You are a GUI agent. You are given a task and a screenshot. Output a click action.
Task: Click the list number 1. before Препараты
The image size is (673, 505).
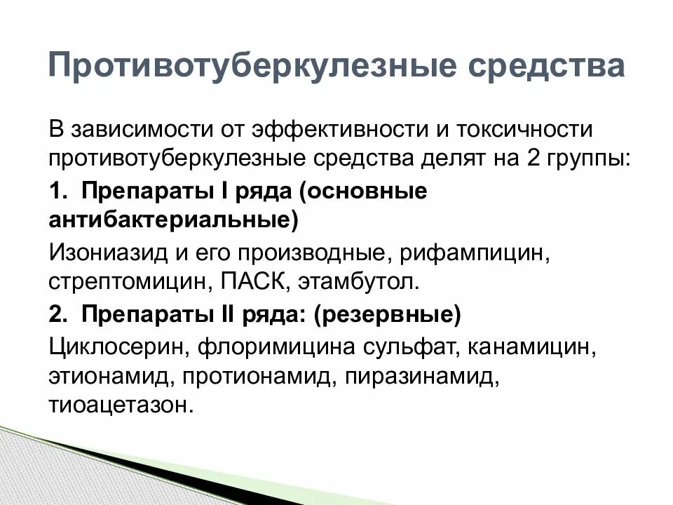pos(57,191)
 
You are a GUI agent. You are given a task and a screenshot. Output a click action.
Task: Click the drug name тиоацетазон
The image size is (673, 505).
pos(120,405)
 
